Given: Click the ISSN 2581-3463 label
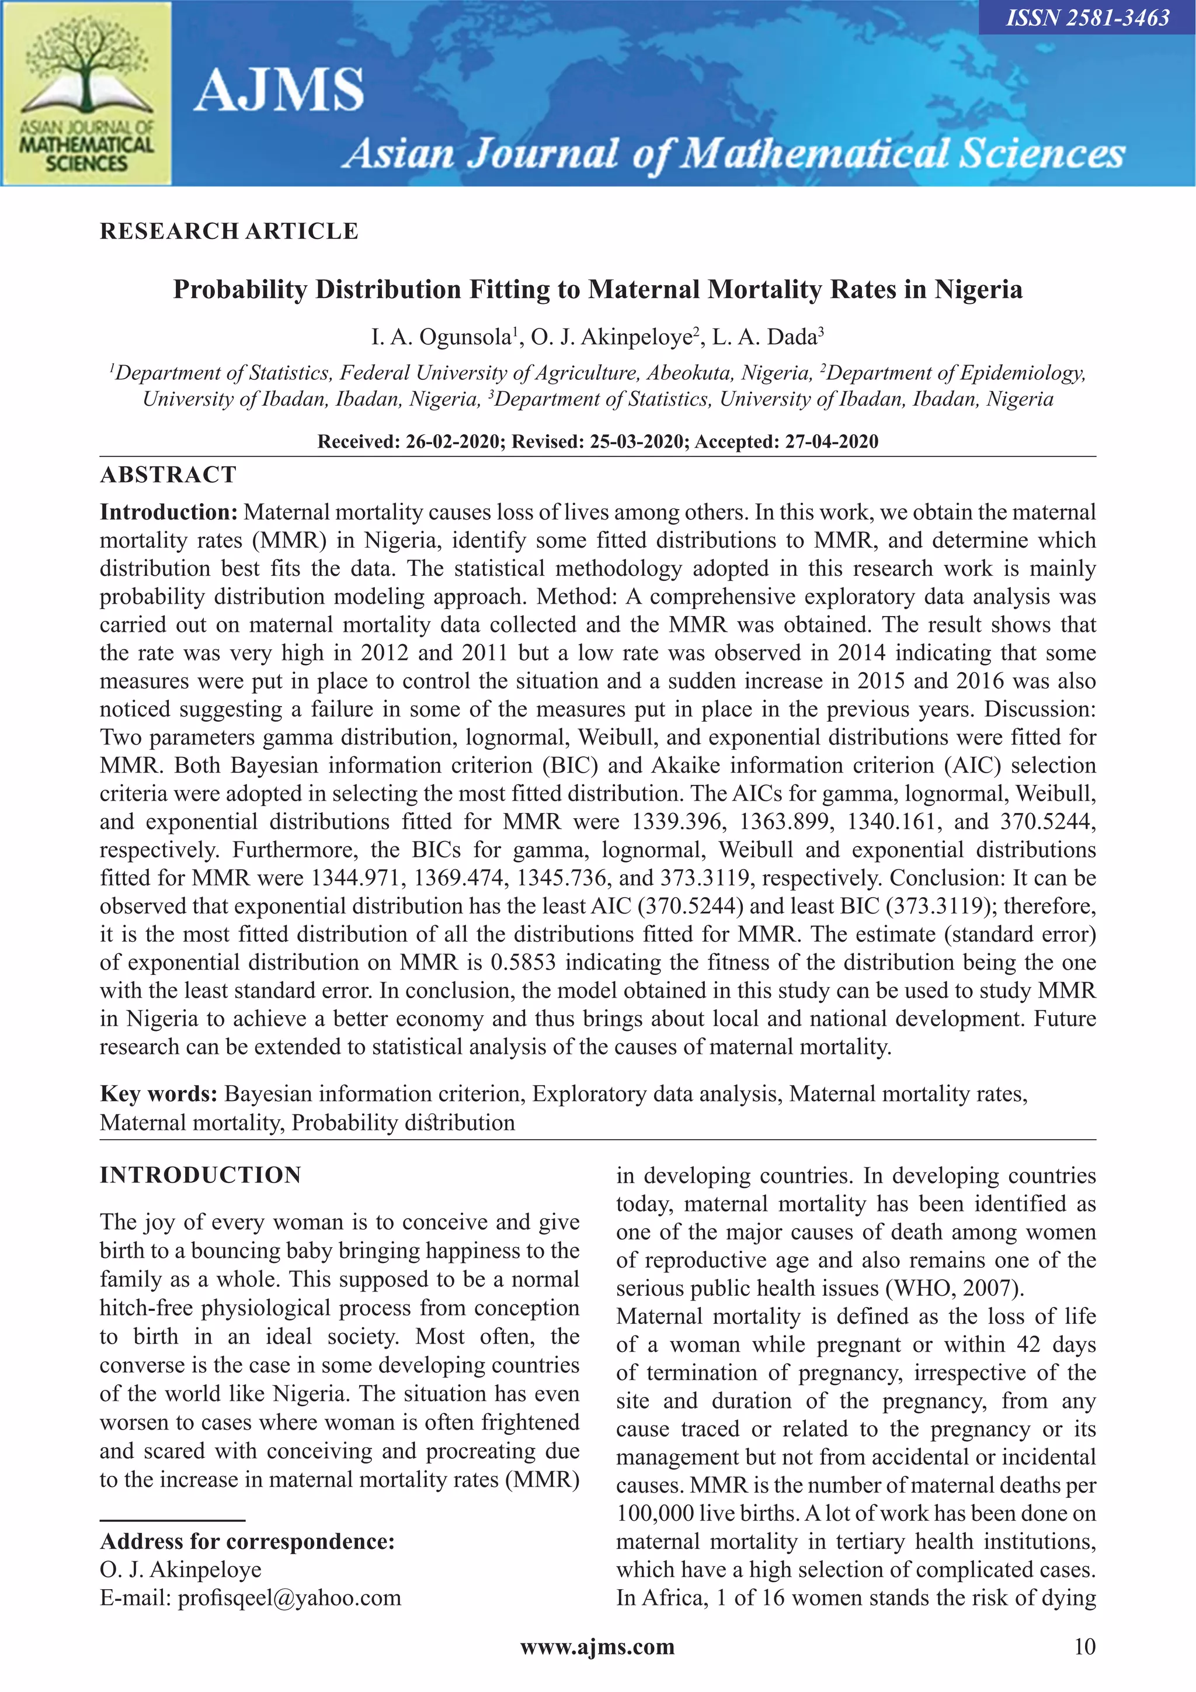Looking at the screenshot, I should pyautogui.click(x=1087, y=18).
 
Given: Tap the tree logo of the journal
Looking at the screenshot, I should pyautogui.click(x=87, y=70).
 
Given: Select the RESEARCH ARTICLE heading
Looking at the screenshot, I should pyautogui.click(x=229, y=231).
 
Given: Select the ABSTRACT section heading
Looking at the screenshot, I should pyautogui.click(x=169, y=475).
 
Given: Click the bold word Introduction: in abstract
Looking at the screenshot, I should pyautogui.click(x=169, y=512).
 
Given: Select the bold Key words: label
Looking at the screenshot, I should pyautogui.click(x=158, y=1094).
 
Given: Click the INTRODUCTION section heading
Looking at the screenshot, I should pyautogui.click(x=200, y=1175).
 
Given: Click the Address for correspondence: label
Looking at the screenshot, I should pyautogui.click(x=248, y=1541).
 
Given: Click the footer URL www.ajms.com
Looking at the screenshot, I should pyautogui.click(x=597, y=1646).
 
